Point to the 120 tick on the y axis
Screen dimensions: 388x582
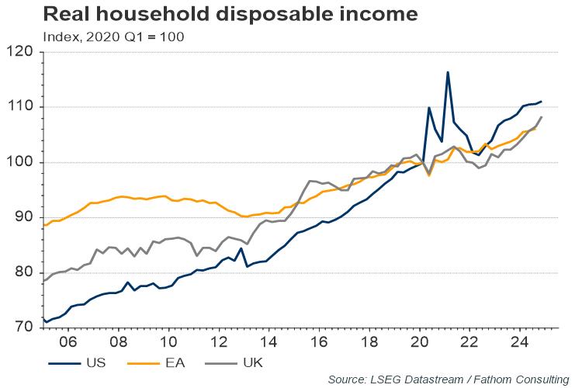pos(21,52)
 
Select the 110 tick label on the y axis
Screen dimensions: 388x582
pos(21,107)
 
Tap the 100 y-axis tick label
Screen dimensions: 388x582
pos(21,162)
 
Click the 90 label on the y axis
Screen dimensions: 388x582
pos(24,217)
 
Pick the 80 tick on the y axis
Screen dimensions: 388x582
pos(24,272)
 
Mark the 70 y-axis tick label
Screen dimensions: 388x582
pos(24,327)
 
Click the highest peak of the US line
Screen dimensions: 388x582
pos(448,72)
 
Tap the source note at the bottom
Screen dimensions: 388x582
pos(448,379)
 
